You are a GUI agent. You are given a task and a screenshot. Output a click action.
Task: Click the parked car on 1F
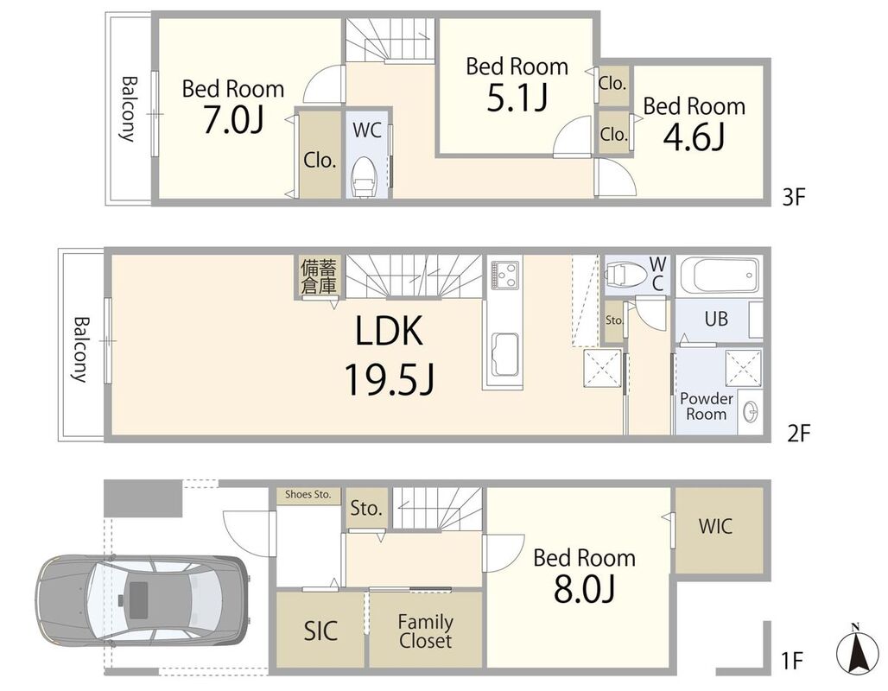point(142,601)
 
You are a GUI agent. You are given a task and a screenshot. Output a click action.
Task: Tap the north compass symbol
point(857,650)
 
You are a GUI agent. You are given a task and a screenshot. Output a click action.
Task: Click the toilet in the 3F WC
point(365,176)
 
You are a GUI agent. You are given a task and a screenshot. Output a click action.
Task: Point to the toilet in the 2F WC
point(626,275)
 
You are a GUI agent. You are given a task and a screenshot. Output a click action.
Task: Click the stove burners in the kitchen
point(504,274)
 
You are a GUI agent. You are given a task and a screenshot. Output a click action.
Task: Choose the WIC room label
point(715,526)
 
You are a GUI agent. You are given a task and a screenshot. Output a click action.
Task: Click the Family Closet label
point(425,631)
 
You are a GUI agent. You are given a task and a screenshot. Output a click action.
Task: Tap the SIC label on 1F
point(320,631)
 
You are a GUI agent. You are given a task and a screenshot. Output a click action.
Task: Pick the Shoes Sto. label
point(308,494)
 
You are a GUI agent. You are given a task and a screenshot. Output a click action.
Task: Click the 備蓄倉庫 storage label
point(319,276)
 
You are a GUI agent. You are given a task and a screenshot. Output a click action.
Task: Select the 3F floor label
point(793,197)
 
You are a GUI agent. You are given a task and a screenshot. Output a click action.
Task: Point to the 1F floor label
point(792,660)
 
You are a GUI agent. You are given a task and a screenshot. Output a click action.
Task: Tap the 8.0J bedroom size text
point(584,589)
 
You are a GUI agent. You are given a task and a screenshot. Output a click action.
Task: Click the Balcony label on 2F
point(81,349)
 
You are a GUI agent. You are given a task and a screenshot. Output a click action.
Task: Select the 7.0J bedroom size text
point(232,119)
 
